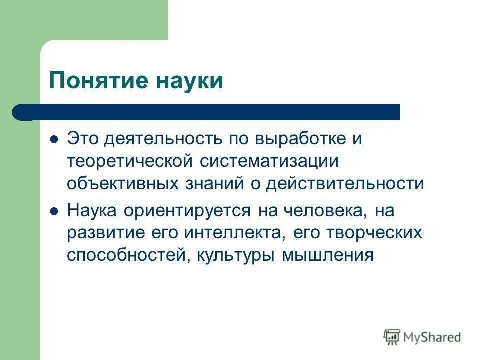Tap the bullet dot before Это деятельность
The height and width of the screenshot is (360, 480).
(54, 139)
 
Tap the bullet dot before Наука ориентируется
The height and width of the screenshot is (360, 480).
(54, 211)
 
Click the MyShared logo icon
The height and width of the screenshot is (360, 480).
(392, 336)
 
